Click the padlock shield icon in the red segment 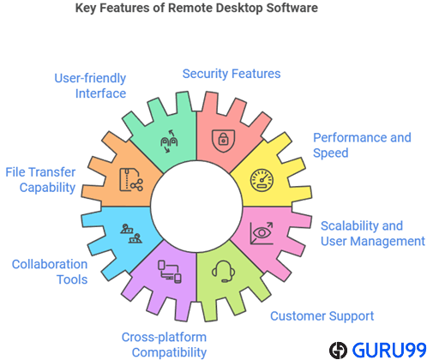[x=223, y=141]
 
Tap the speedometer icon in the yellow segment [x=262, y=180]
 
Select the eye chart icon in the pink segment [x=262, y=233]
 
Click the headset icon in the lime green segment [x=224, y=271]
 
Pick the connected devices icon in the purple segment [x=170, y=272]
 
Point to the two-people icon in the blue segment [x=131, y=233]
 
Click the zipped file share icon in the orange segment [x=131, y=180]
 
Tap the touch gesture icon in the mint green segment [x=169, y=141]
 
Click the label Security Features [x=232, y=74]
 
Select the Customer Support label [x=322, y=316]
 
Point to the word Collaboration [x=50, y=264]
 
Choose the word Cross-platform [x=164, y=337]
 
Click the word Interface [x=100, y=93]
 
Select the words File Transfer [x=40, y=172]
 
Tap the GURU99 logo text [x=389, y=350]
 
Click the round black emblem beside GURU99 [x=338, y=351]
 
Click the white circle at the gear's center [x=196, y=207]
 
